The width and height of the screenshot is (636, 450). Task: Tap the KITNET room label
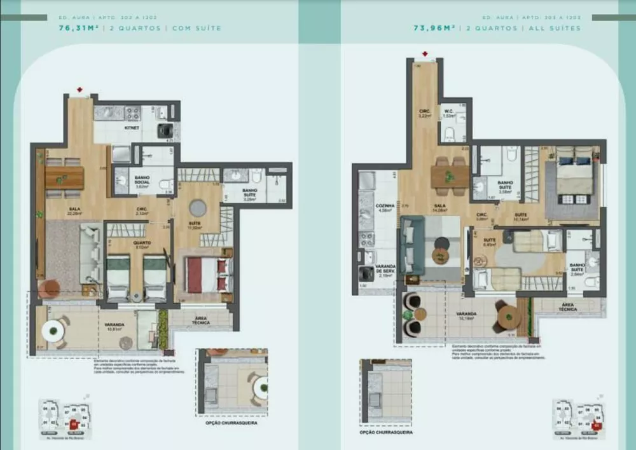[132, 127]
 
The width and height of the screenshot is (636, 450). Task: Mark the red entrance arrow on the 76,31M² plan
[79, 90]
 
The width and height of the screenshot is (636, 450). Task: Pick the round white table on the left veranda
[52, 330]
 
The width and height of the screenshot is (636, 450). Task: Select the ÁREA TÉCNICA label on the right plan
[568, 308]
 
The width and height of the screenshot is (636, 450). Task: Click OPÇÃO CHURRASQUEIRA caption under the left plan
[232, 423]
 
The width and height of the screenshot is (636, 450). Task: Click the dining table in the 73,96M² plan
[450, 176]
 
